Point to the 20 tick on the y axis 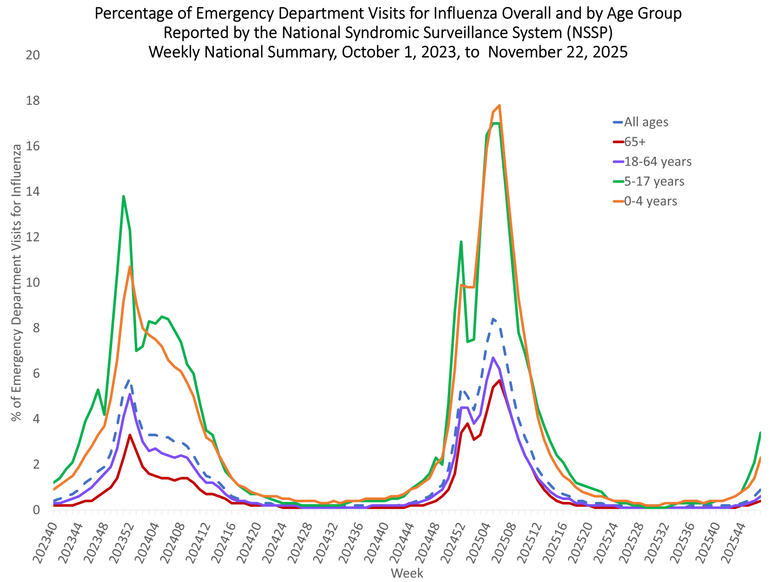33,55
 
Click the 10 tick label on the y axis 33,283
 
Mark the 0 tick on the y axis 36,510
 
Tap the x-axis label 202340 45,542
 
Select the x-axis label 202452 453,542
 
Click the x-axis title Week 407,573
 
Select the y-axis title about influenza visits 16,283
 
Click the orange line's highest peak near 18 499,105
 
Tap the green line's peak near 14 123,196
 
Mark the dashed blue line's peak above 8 493,319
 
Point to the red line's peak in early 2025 499,381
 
